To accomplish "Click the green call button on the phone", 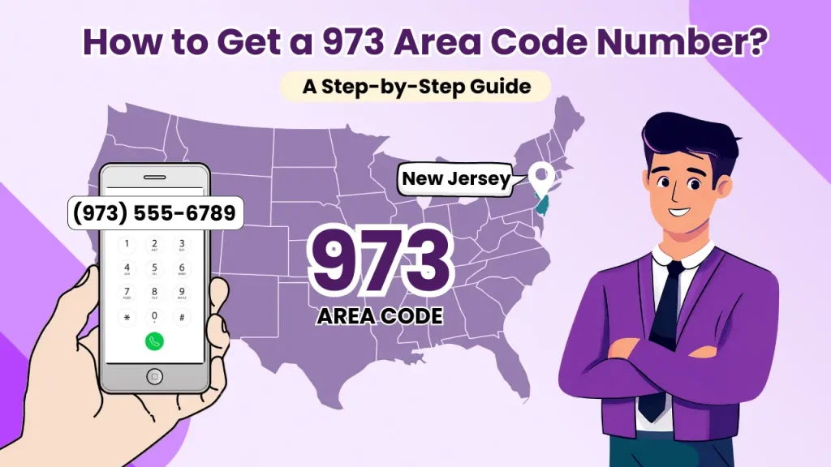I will coord(154,341).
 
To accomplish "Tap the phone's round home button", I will coord(154,376).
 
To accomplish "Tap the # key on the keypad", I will coord(182,316).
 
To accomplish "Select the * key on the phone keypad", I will coord(127,316).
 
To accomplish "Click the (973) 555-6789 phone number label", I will coord(154,213).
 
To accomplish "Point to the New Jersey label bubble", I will coord(456,178).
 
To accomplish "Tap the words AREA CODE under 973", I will coord(380,315).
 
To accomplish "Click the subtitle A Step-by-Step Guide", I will coord(416,87).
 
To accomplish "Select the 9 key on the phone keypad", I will coord(182,292).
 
